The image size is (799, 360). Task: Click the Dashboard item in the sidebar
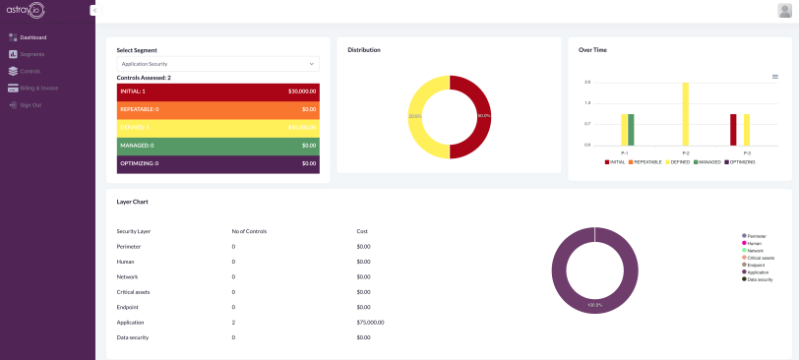click(32, 37)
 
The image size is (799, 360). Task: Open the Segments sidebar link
click(31, 54)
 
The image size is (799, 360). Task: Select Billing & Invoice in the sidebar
click(38, 88)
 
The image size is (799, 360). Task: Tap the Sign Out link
click(31, 104)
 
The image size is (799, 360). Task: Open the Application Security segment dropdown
click(217, 64)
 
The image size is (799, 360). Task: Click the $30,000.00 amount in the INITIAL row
click(302, 91)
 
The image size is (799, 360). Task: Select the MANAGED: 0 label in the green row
click(136, 145)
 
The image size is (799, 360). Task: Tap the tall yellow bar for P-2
click(686, 113)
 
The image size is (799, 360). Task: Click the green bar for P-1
click(631, 129)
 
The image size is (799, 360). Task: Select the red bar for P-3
click(733, 129)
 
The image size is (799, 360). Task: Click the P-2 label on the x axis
click(686, 153)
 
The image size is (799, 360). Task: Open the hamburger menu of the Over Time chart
click(775, 76)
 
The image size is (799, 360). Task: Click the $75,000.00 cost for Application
click(370, 322)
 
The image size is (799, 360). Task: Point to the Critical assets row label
click(134, 291)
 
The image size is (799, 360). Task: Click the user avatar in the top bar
click(784, 10)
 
